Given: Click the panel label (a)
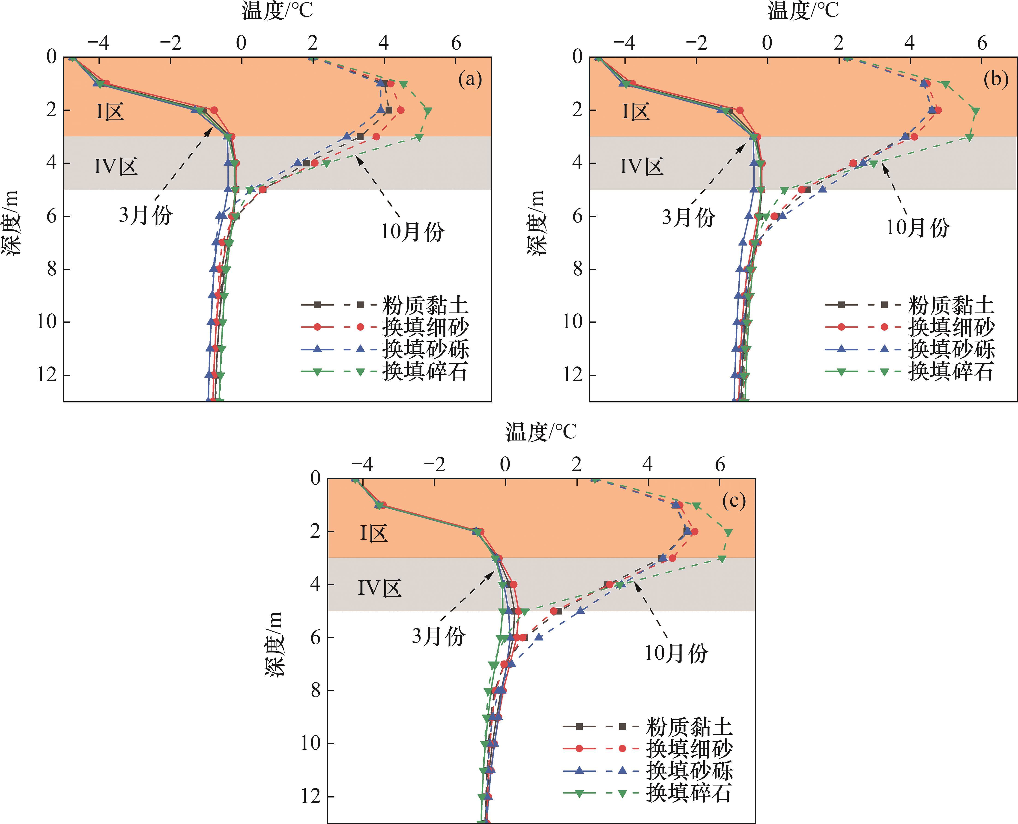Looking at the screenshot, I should click(470, 79).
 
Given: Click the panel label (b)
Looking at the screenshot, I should click(996, 79).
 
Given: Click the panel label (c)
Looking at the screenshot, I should click(734, 501).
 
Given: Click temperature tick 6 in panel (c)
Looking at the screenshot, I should click(720, 465).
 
